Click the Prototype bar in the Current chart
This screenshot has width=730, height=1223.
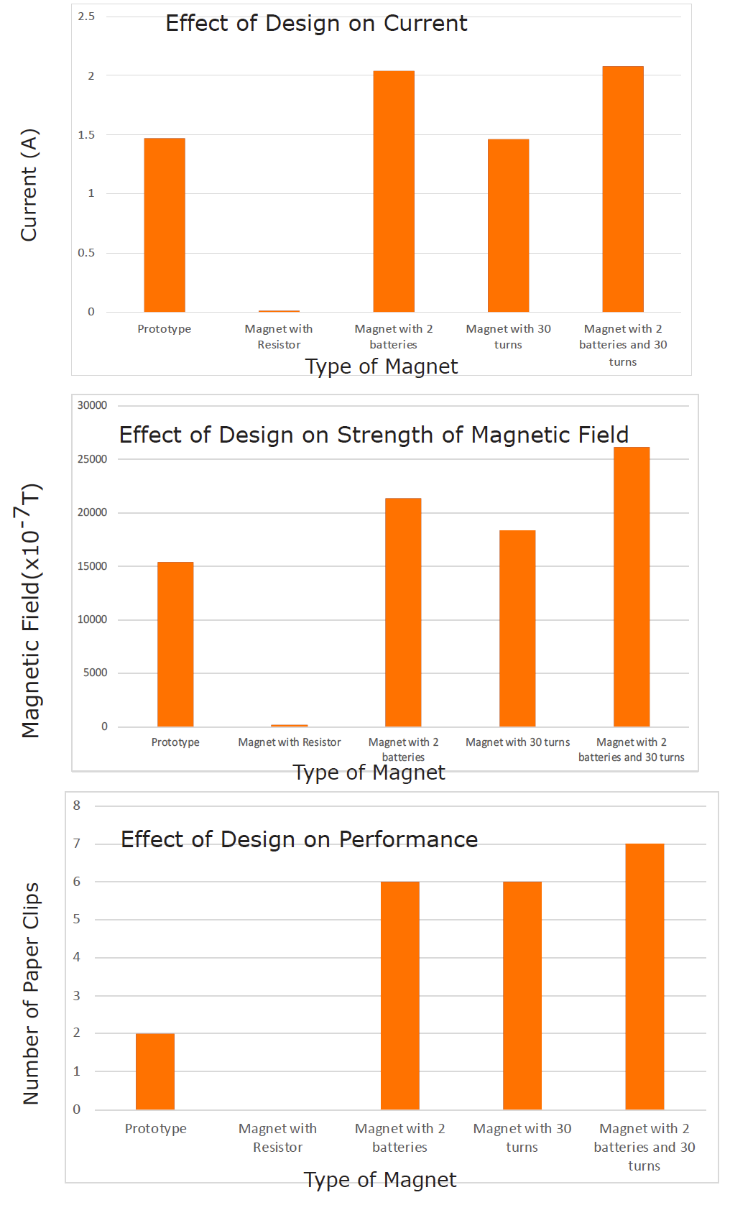165,225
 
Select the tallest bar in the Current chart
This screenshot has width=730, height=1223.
623,189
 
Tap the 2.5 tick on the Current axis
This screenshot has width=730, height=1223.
86,17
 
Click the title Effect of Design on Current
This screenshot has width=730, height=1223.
316,24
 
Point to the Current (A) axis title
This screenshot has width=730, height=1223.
29,185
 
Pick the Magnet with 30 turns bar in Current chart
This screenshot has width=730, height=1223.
508,226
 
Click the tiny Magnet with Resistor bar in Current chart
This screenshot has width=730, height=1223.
279,311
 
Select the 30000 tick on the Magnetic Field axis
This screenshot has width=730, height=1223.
92,405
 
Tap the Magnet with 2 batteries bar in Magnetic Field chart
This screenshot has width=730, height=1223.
403,612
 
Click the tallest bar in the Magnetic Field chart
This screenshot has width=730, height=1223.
632,587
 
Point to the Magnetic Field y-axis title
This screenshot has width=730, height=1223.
30,611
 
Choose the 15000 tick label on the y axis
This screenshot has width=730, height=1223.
92,566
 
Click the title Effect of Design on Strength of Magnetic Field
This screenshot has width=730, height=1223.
374,435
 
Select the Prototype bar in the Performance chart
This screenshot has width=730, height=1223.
155,1071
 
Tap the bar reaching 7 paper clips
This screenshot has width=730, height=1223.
644,977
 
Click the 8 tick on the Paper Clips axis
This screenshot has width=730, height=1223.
77,806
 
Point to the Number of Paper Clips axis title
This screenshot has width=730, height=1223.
31,993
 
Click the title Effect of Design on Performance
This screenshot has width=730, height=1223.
299,840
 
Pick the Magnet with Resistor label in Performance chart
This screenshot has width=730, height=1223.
277,1137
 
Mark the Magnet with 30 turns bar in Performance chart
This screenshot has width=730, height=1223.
522,995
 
